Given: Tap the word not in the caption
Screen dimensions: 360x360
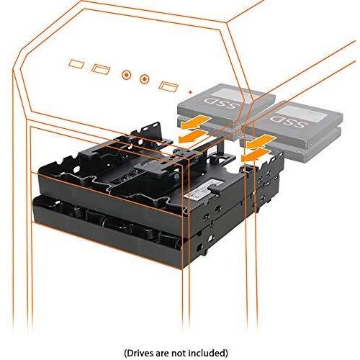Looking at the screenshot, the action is [178, 346].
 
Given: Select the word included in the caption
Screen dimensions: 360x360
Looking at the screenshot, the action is [207, 346].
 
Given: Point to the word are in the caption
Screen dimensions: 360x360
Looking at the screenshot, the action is [161, 347].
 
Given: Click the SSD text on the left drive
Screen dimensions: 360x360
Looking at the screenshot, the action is [221, 104].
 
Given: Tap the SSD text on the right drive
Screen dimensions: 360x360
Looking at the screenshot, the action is [288, 122].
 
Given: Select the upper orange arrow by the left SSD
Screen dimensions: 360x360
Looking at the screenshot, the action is [196, 122].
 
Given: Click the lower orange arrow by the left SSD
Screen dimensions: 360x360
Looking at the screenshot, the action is [192, 136].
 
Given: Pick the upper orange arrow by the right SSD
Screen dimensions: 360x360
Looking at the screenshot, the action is [261, 141].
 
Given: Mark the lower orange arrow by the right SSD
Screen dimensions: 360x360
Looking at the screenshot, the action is [256, 155].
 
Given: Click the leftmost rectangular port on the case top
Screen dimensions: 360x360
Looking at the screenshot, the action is [76, 64].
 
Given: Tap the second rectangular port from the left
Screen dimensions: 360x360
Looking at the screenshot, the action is [101, 69].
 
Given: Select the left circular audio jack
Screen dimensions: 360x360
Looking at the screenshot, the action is [126, 75].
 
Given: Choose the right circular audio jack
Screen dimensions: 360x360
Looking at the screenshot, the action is [144, 78].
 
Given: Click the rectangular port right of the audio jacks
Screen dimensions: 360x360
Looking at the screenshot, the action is [168, 86].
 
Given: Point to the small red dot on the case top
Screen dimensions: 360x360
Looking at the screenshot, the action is [190, 91].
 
